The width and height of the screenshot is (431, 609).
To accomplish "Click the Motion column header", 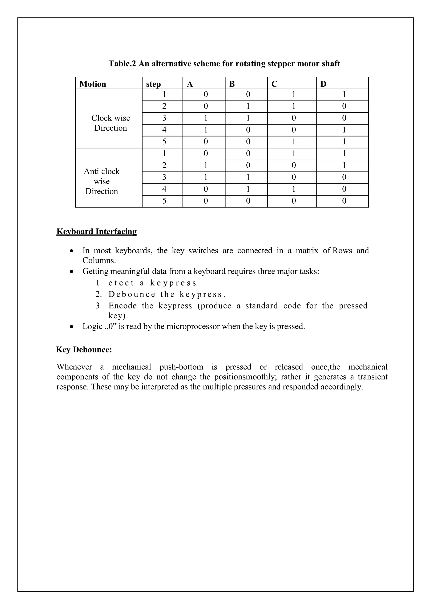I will tap(93, 84).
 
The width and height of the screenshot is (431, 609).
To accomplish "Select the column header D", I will tap(323, 84).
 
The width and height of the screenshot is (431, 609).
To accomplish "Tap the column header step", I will tap(153, 84).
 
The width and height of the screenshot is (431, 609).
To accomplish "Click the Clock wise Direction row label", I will tap(111, 123).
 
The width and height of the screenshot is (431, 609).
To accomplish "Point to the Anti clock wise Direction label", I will tap(102, 181).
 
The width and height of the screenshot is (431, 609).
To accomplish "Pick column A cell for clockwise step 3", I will tap(205, 118).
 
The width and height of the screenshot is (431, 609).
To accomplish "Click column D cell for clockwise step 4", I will tap(344, 130).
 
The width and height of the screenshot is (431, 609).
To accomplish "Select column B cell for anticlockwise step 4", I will tap(248, 189).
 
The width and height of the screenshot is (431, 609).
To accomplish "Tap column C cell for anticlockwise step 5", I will tap(294, 201).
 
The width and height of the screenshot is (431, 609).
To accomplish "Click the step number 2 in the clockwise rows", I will tap(164, 106).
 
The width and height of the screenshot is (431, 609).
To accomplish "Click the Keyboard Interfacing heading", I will tap(97, 232).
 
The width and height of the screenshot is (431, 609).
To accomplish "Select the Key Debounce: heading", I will tap(84, 350).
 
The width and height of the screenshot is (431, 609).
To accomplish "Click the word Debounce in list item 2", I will tap(132, 294).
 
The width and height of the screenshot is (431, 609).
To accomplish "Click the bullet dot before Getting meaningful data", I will tap(71, 272).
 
